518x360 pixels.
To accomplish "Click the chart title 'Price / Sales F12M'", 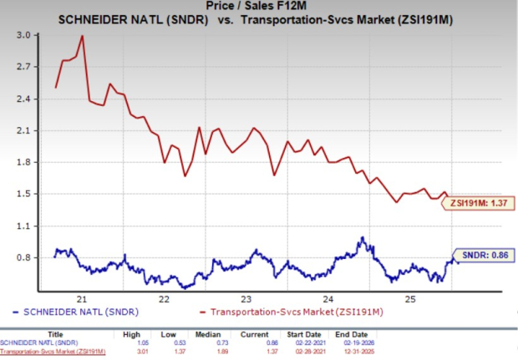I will point(258,7).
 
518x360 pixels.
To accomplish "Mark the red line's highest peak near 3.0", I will point(82,36).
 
